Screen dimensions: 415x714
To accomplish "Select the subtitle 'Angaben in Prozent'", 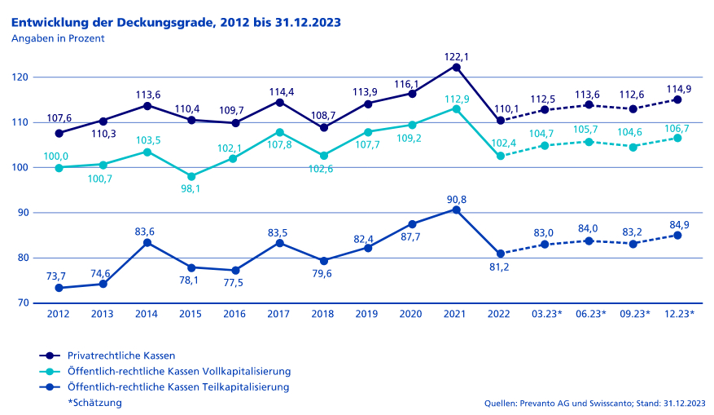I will (x=58, y=38).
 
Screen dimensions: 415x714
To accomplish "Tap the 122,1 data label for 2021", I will (x=457, y=57).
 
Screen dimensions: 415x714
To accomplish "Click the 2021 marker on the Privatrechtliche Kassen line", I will (x=457, y=67).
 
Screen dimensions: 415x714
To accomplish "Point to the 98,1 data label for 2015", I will (x=191, y=189).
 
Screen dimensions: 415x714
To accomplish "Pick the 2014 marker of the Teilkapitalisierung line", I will (x=147, y=242).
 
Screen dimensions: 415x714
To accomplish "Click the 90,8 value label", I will (x=457, y=200).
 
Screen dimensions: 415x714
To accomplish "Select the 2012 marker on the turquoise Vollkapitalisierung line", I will (x=59, y=168).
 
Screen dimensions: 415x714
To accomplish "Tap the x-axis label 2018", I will (x=324, y=314).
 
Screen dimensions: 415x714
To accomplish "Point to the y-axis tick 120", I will (x=20, y=77).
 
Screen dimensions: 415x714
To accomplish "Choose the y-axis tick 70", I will (x=22, y=303).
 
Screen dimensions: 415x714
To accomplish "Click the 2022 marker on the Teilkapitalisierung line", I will (x=501, y=254).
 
